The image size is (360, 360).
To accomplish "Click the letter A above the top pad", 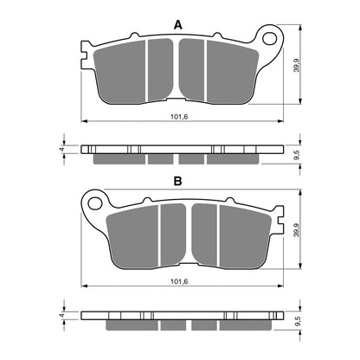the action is (x=178, y=25).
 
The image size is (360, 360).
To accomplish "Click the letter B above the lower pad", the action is (x=178, y=181).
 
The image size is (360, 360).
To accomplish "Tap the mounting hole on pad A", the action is (x=270, y=38).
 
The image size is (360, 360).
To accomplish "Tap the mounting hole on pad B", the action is (x=94, y=203).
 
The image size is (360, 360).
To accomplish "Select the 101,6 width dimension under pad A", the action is (x=179, y=117).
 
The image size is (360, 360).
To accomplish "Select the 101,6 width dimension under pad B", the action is (x=179, y=281).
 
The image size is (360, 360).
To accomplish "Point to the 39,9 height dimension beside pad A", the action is (x=297, y=65).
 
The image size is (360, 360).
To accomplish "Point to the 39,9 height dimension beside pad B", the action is (x=297, y=230).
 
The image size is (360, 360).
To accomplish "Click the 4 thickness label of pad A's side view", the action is (x=61, y=149).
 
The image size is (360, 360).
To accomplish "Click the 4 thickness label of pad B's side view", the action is (x=61, y=315).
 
